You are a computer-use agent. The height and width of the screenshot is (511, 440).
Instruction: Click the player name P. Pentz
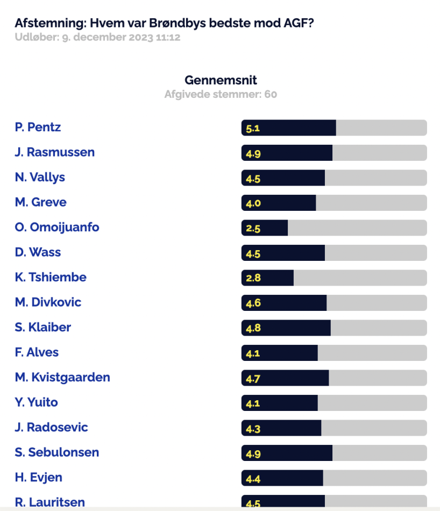38,127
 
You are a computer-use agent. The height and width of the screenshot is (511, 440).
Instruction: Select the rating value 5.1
253,129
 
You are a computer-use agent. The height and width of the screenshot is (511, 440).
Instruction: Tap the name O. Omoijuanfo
57,228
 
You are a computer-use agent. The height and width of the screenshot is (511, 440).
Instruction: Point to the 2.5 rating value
253,229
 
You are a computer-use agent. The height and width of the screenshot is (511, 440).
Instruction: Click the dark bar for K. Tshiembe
267,278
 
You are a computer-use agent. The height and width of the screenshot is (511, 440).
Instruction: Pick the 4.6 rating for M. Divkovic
253,303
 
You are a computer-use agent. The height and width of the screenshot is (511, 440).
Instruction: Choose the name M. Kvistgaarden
62,378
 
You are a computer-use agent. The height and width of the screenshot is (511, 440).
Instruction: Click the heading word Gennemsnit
221,80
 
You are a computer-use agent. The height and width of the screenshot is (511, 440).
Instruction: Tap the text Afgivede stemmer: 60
221,94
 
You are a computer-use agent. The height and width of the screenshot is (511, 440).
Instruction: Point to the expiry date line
97,37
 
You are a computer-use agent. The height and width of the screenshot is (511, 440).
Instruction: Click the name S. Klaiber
42,327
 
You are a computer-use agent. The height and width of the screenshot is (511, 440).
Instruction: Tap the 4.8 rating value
253,328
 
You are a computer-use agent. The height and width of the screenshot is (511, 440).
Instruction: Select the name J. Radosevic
52,427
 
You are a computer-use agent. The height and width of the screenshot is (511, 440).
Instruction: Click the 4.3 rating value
253,429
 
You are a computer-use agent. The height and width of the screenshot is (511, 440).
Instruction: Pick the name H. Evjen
38,478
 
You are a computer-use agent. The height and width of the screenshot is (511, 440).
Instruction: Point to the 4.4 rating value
253,479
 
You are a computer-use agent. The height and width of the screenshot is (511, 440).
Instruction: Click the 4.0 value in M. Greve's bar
253,203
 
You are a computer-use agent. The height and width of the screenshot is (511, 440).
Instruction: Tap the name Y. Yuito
36,402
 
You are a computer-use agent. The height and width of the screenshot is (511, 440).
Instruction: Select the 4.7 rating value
253,379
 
